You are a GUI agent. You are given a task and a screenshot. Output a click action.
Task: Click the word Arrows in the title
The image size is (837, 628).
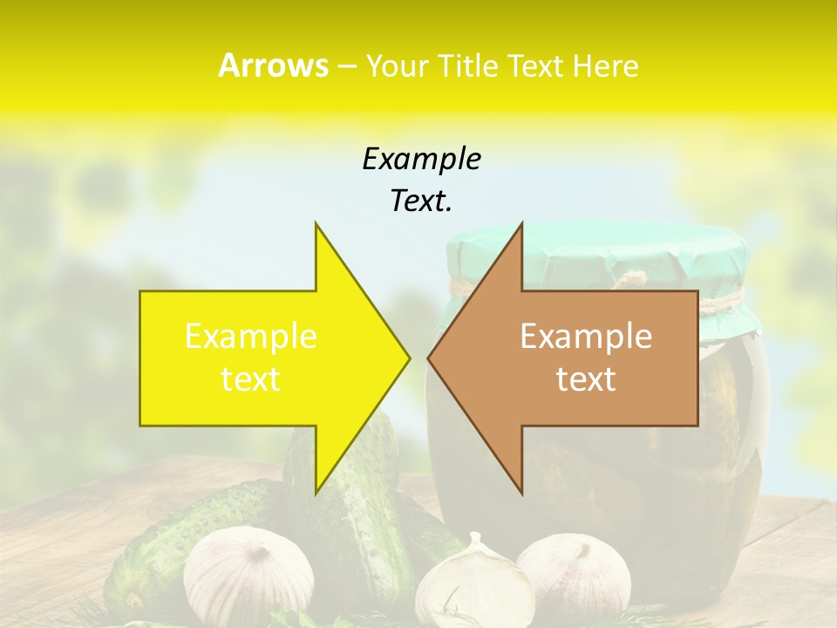point(273,65)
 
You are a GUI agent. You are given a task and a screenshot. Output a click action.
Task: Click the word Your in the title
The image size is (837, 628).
point(398,66)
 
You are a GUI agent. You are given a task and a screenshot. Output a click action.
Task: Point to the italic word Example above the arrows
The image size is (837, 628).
point(421,160)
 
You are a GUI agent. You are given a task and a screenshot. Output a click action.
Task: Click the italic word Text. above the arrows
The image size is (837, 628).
point(421,201)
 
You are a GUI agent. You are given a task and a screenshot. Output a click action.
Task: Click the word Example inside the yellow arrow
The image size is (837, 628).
point(251,337)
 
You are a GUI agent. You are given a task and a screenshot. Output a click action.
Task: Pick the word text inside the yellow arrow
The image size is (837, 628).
point(251,379)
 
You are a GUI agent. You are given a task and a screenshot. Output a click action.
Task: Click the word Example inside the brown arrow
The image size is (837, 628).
point(586,337)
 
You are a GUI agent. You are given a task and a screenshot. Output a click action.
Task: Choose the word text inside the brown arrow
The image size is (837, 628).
point(586,379)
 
